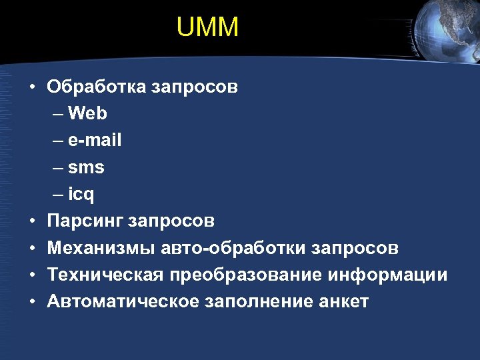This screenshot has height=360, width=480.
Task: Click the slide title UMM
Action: pos(208,27)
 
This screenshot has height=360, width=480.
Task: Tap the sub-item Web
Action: pos(87,114)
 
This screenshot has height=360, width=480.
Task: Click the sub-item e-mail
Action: pos(95,141)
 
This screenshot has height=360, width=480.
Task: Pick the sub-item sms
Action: pos(86,168)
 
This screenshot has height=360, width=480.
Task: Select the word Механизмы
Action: pos(101,249)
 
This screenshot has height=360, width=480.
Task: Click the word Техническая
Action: pos(105,275)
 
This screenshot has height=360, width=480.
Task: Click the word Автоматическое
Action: pos(123,302)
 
